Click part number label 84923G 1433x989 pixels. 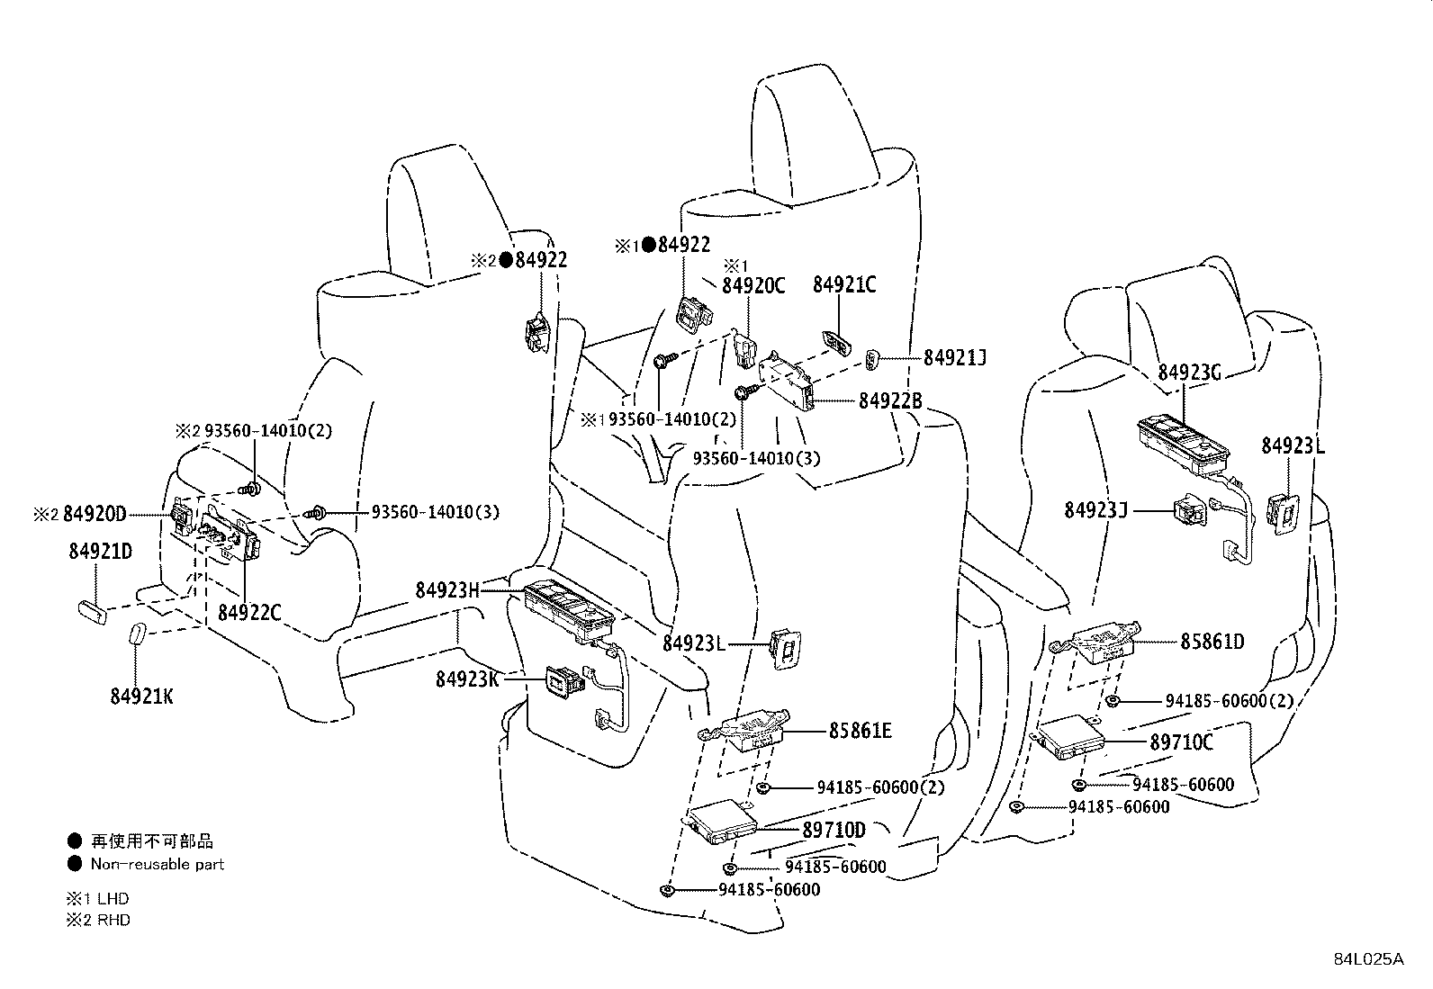1189,372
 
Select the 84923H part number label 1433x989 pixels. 447,590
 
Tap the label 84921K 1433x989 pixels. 141,696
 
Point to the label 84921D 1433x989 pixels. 100,551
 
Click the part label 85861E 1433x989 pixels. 860,731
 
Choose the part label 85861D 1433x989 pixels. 1212,642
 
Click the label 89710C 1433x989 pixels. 1181,742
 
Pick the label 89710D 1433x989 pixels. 834,831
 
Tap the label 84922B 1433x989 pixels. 890,401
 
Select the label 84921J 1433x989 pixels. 954,358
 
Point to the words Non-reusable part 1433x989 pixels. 157,864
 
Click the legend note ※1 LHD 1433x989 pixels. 97,898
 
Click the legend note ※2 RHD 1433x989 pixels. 98,920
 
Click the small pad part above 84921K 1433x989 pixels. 137,634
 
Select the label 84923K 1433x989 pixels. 467,679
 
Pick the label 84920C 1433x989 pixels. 753,285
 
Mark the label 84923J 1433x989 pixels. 1095,510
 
